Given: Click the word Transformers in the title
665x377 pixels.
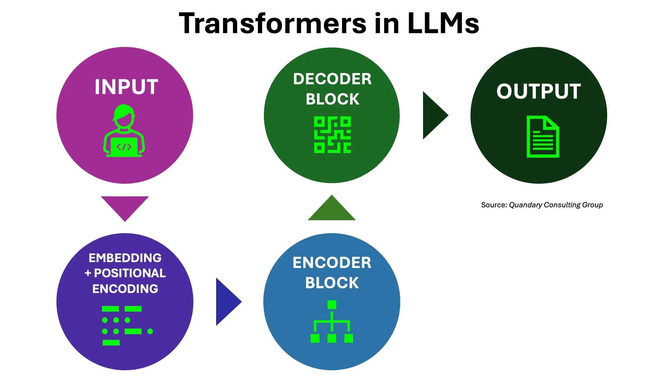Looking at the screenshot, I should (x=272, y=24).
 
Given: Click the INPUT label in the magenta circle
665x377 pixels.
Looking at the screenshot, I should (x=126, y=87).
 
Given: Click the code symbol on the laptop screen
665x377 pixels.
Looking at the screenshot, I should (x=124, y=147).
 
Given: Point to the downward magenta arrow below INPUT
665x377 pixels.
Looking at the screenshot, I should (x=125, y=206).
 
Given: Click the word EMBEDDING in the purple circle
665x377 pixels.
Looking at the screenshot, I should (x=125, y=258).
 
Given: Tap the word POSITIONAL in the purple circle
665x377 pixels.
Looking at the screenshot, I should (x=130, y=273).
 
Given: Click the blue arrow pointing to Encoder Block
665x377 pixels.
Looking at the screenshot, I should (x=227, y=302).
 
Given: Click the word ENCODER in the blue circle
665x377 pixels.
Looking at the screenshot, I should (x=332, y=263).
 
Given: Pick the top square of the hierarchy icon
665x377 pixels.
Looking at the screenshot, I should (x=332, y=305).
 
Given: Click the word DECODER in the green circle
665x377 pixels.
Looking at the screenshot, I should (x=332, y=79).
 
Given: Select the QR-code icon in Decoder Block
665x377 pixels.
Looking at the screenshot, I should (x=332, y=135).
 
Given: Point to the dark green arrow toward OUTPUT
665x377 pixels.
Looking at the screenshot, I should (x=433, y=115).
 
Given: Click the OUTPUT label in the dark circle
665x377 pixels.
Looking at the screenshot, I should (x=538, y=91).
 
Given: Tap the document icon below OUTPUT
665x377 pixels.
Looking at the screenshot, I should (x=543, y=137).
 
